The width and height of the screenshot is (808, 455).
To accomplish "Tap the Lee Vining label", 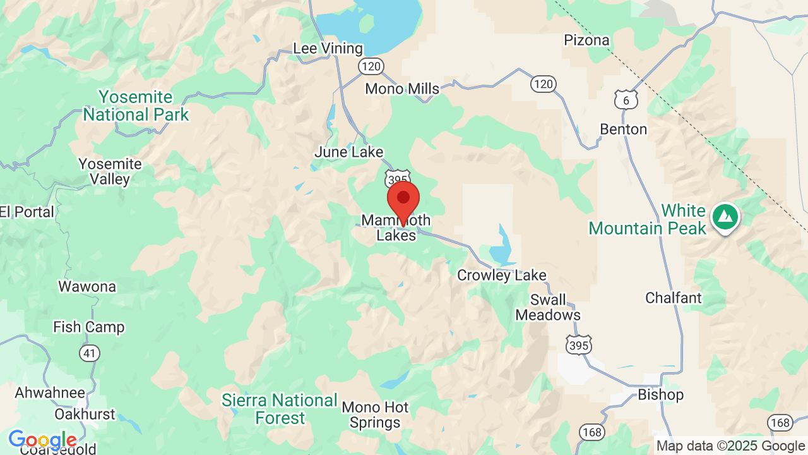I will [328, 49].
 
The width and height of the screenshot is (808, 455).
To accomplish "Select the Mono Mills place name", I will [402, 89].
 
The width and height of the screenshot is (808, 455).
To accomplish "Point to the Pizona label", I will [586, 40].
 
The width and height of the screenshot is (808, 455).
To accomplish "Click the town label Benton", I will [623, 130].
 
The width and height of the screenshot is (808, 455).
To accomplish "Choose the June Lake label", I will [348, 152].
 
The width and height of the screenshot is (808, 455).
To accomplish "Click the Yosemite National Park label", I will [136, 106].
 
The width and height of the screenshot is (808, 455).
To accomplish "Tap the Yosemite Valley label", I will [110, 172].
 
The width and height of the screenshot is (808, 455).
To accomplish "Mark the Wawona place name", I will [87, 287].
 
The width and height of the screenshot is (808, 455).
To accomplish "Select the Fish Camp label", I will [88, 327].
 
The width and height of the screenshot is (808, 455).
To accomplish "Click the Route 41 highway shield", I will [90, 353].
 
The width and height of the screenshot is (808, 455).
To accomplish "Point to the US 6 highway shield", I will [626, 100].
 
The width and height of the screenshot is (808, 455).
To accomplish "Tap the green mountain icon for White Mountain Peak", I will [725, 217].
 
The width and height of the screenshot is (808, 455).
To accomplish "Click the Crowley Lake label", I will [501, 276].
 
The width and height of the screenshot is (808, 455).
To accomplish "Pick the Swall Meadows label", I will [548, 307].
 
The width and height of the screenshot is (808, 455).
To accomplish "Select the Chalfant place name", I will [673, 298].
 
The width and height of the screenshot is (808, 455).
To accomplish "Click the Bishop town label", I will [660, 395].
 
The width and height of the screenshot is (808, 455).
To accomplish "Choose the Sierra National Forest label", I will [280, 409].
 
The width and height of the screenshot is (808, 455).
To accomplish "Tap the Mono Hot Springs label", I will [375, 415].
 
